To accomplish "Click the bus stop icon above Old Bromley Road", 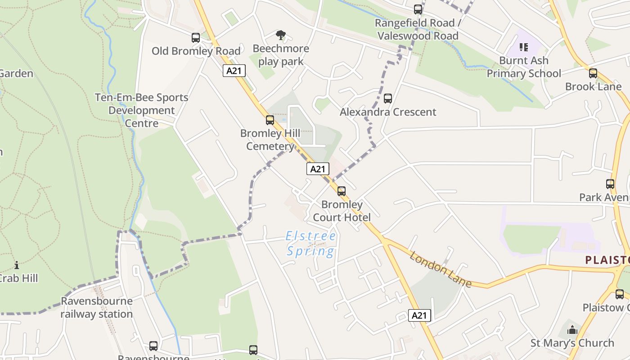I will pyautogui.click(x=196, y=38).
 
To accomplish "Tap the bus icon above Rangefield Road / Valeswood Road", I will pyautogui.click(x=418, y=9).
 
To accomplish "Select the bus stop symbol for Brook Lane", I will pyautogui.click(x=593, y=73).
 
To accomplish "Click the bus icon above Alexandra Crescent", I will pyautogui.click(x=387, y=99).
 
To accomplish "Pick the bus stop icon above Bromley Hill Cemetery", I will pyautogui.click(x=270, y=120).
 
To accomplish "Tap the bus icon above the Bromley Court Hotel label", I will pyautogui.click(x=342, y=191).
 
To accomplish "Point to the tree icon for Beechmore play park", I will pyautogui.click(x=281, y=35).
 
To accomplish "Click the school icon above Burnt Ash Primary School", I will pyautogui.click(x=524, y=47).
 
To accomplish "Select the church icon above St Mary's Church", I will pyautogui.click(x=572, y=330).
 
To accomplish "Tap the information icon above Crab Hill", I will pyautogui.click(x=17, y=265).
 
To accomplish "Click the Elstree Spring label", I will pyautogui.click(x=311, y=243).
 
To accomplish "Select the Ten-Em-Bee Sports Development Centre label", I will pyautogui.click(x=141, y=110).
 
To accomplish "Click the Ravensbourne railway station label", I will pyautogui.click(x=97, y=307).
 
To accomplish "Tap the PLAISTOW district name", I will pyautogui.click(x=607, y=260).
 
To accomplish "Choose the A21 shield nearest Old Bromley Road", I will pyautogui.click(x=234, y=71).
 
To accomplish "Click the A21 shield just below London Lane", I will pyautogui.click(x=419, y=315).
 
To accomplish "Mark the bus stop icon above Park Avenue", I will pyautogui.click(x=610, y=184).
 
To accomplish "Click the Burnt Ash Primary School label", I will pyautogui.click(x=524, y=67).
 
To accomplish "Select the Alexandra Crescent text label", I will pyautogui.click(x=388, y=112).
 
